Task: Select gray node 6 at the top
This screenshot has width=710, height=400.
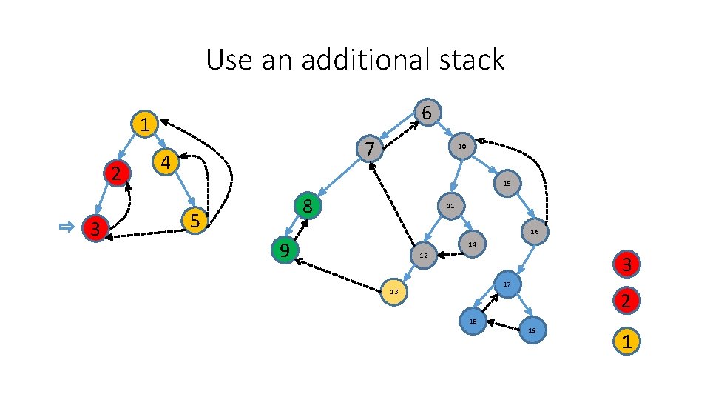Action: [x=427, y=113]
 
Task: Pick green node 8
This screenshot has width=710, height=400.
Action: [x=308, y=206]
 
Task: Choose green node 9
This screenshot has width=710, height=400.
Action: [x=283, y=250]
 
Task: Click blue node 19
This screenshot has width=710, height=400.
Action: [x=532, y=330]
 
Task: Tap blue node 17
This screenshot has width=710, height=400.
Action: [x=507, y=285]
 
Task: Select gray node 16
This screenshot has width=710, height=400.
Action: [x=534, y=232]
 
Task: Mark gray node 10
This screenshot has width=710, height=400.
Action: [x=461, y=147]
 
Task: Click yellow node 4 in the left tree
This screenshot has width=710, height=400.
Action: [x=166, y=161]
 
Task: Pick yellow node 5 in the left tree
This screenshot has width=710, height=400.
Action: [x=194, y=220]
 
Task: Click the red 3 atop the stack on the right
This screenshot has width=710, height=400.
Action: [x=626, y=264]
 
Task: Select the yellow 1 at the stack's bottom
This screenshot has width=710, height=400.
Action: [x=626, y=342]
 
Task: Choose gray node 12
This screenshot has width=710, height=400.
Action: [x=423, y=256]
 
